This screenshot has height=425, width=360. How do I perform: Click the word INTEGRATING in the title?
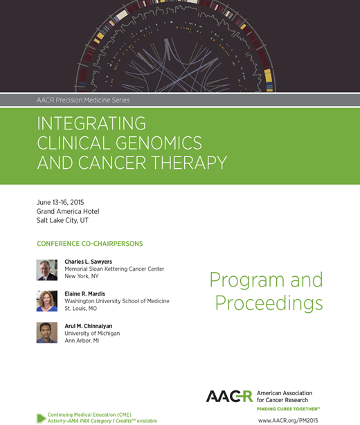[x=91, y=123]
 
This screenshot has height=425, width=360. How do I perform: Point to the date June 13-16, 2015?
[x=65, y=201]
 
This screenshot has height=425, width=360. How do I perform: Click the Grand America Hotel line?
[x=68, y=211]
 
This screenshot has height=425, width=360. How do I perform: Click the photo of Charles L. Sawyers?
[x=47, y=269]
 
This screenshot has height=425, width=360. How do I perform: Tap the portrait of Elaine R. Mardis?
[x=47, y=301]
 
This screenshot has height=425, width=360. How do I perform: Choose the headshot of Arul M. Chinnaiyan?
[x=47, y=333]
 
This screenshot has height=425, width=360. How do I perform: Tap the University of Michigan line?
[x=92, y=333]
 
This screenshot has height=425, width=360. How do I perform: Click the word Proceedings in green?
[x=269, y=303]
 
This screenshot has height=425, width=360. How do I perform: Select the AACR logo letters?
[x=230, y=396]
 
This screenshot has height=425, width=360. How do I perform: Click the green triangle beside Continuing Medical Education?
[x=41, y=417]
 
